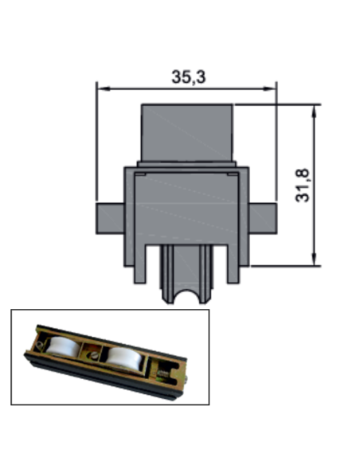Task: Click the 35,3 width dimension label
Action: click(189, 76)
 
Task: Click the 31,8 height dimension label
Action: click(303, 186)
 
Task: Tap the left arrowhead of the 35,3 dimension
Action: click(104, 88)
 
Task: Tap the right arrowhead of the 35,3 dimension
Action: click(269, 88)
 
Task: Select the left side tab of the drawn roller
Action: click(110, 218)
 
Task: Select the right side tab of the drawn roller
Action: click(263, 218)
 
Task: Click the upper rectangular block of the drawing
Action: click(187, 132)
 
